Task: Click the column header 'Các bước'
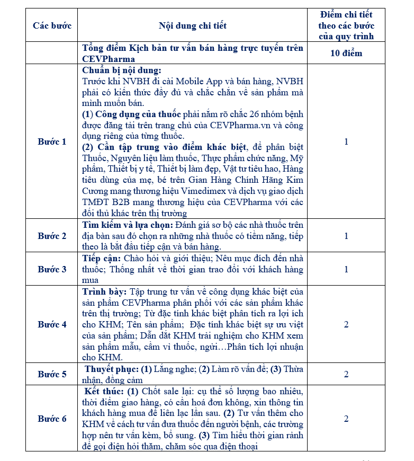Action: point(52,25)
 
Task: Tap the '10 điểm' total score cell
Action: point(346,54)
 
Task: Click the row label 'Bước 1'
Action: point(52,141)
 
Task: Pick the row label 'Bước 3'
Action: point(52,269)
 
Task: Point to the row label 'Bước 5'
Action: point(52,374)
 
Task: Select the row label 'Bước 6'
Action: point(52,419)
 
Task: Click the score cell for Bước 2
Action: point(346,236)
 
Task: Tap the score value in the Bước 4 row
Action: point(346,324)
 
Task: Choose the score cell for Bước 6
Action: point(346,419)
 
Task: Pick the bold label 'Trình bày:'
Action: point(104,291)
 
